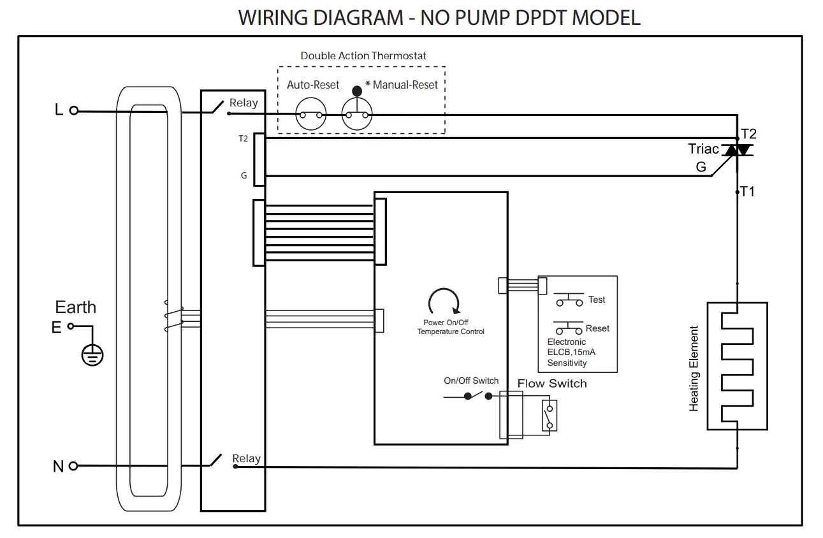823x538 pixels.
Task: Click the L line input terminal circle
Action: tap(74, 110)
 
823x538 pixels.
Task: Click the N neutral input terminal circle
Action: tap(73, 466)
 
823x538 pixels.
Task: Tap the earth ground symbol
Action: tap(92, 356)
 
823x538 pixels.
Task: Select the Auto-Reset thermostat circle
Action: tap(311, 115)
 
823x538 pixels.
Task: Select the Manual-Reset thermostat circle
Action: tap(357, 115)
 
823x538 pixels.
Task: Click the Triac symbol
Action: tap(737, 150)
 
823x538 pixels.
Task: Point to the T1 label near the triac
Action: tap(748, 191)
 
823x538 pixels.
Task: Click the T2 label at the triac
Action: tap(748, 134)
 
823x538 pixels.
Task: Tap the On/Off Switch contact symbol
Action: tap(477, 396)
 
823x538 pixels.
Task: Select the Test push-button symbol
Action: tap(569, 300)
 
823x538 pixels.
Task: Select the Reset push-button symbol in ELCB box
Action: tap(569, 328)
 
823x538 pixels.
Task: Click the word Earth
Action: tap(75, 307)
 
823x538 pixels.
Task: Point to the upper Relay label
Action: tap(244, 103)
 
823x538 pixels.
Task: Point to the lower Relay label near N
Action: tap(246, 458)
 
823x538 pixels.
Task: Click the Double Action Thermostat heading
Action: tap(363, 56)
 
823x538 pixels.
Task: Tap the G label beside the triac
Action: tap(701, 167)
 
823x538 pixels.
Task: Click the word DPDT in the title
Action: tap(537, 17)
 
